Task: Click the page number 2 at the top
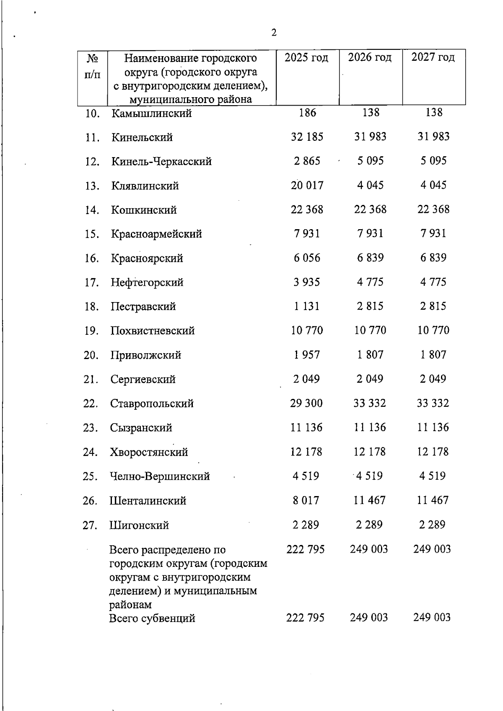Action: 274,33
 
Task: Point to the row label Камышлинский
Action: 152,114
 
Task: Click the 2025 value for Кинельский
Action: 307,137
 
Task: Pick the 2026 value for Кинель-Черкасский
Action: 371,161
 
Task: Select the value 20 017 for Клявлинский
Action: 307,186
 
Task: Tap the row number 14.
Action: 91,210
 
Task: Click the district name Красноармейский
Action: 156,234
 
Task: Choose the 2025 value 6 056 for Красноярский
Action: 307,258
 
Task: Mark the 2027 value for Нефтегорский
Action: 433,282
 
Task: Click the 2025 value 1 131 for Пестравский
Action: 307,307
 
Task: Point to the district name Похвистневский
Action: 153,331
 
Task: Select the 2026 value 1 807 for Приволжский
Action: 370,355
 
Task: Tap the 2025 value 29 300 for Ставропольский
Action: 306,403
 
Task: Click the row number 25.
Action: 91,477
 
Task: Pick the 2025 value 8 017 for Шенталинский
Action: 306,501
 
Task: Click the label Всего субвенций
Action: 152,618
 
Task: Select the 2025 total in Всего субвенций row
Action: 306,618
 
